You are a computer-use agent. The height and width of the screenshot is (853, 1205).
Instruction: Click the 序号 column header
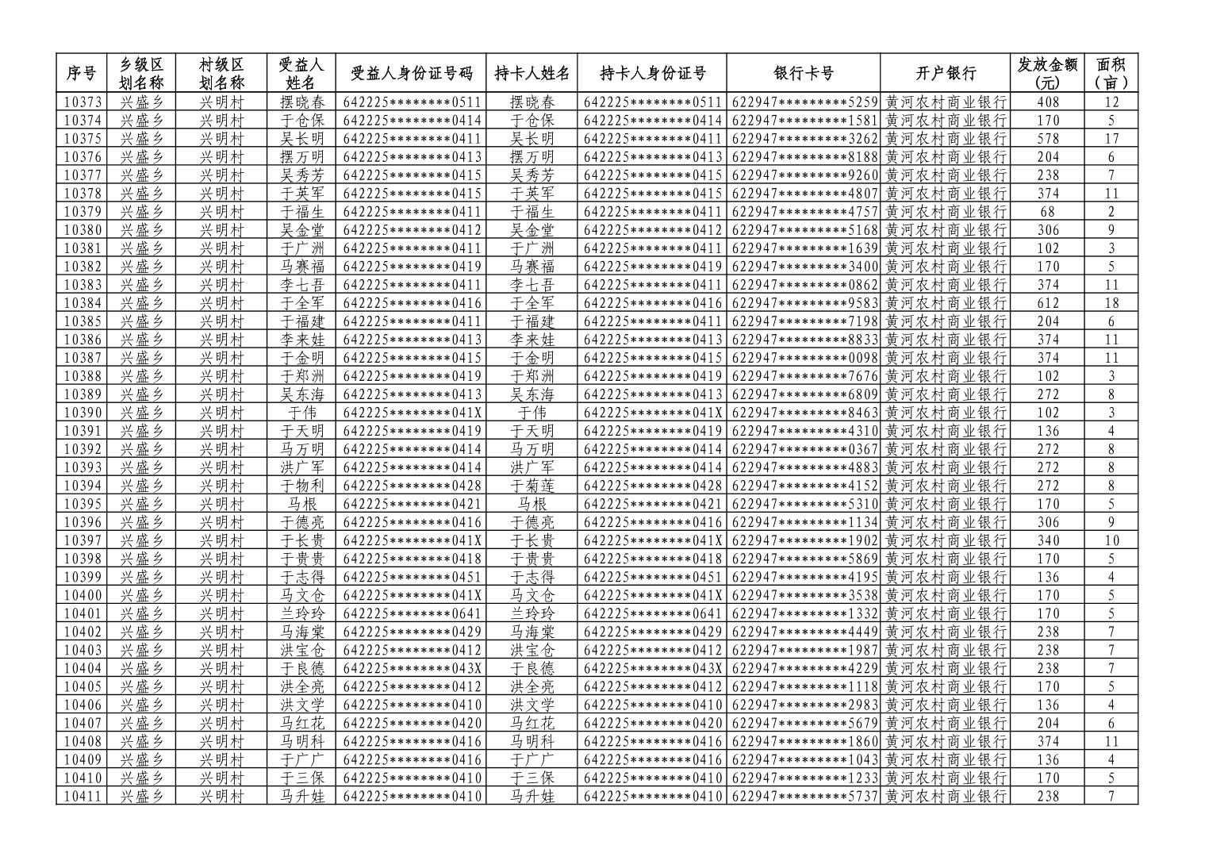pyautogui.click(x=80, y=74)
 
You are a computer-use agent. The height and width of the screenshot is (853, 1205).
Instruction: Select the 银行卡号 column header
pyautogui.click(x=803, y=74)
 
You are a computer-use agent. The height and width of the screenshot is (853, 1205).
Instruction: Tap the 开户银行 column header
pyautogui.click(x=945, y=74)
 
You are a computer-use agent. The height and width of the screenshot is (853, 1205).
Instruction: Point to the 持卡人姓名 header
pyautogui.click(x=532, y=74)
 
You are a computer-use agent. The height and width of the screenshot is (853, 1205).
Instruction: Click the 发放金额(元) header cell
pyautogui.click(x=1047, y=74)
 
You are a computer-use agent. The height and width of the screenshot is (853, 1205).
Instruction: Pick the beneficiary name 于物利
pyautogui.click(x=302, y=486)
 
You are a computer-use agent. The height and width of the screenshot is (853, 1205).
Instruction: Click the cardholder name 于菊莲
pyautogui.click(x=532, y=486)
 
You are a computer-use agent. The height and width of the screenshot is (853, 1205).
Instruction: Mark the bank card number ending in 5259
pyautogui.click(x=804, y=102)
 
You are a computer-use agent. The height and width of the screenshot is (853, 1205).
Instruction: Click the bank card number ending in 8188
pyautogui.click(x=804, y=157)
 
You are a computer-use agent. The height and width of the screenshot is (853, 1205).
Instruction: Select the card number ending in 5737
pyautogui.click(x=804, y=796)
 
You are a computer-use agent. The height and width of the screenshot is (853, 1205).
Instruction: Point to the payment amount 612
pyautogui.click(x=1048, y=303)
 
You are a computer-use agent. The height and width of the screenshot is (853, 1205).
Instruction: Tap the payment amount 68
pyautogui.click(x=1048, y=212)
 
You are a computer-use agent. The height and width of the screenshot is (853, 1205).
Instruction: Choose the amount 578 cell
pyautogui.click(x=1048, y=139)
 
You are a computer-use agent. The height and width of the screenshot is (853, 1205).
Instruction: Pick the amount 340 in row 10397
pyautogui.click(x=1048, y=540)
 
